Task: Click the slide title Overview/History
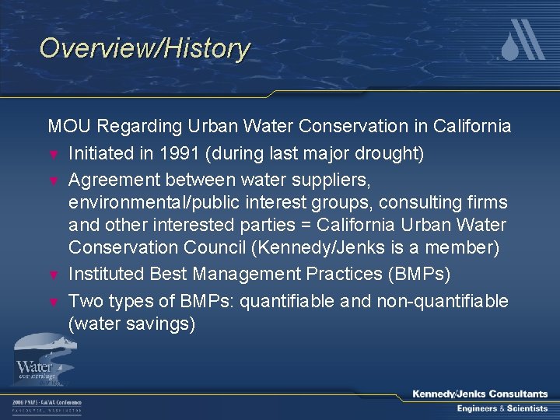point(145,48)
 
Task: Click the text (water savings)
point(131,324)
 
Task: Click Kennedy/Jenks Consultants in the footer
point(480,394)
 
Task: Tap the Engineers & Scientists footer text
point(502,408)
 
